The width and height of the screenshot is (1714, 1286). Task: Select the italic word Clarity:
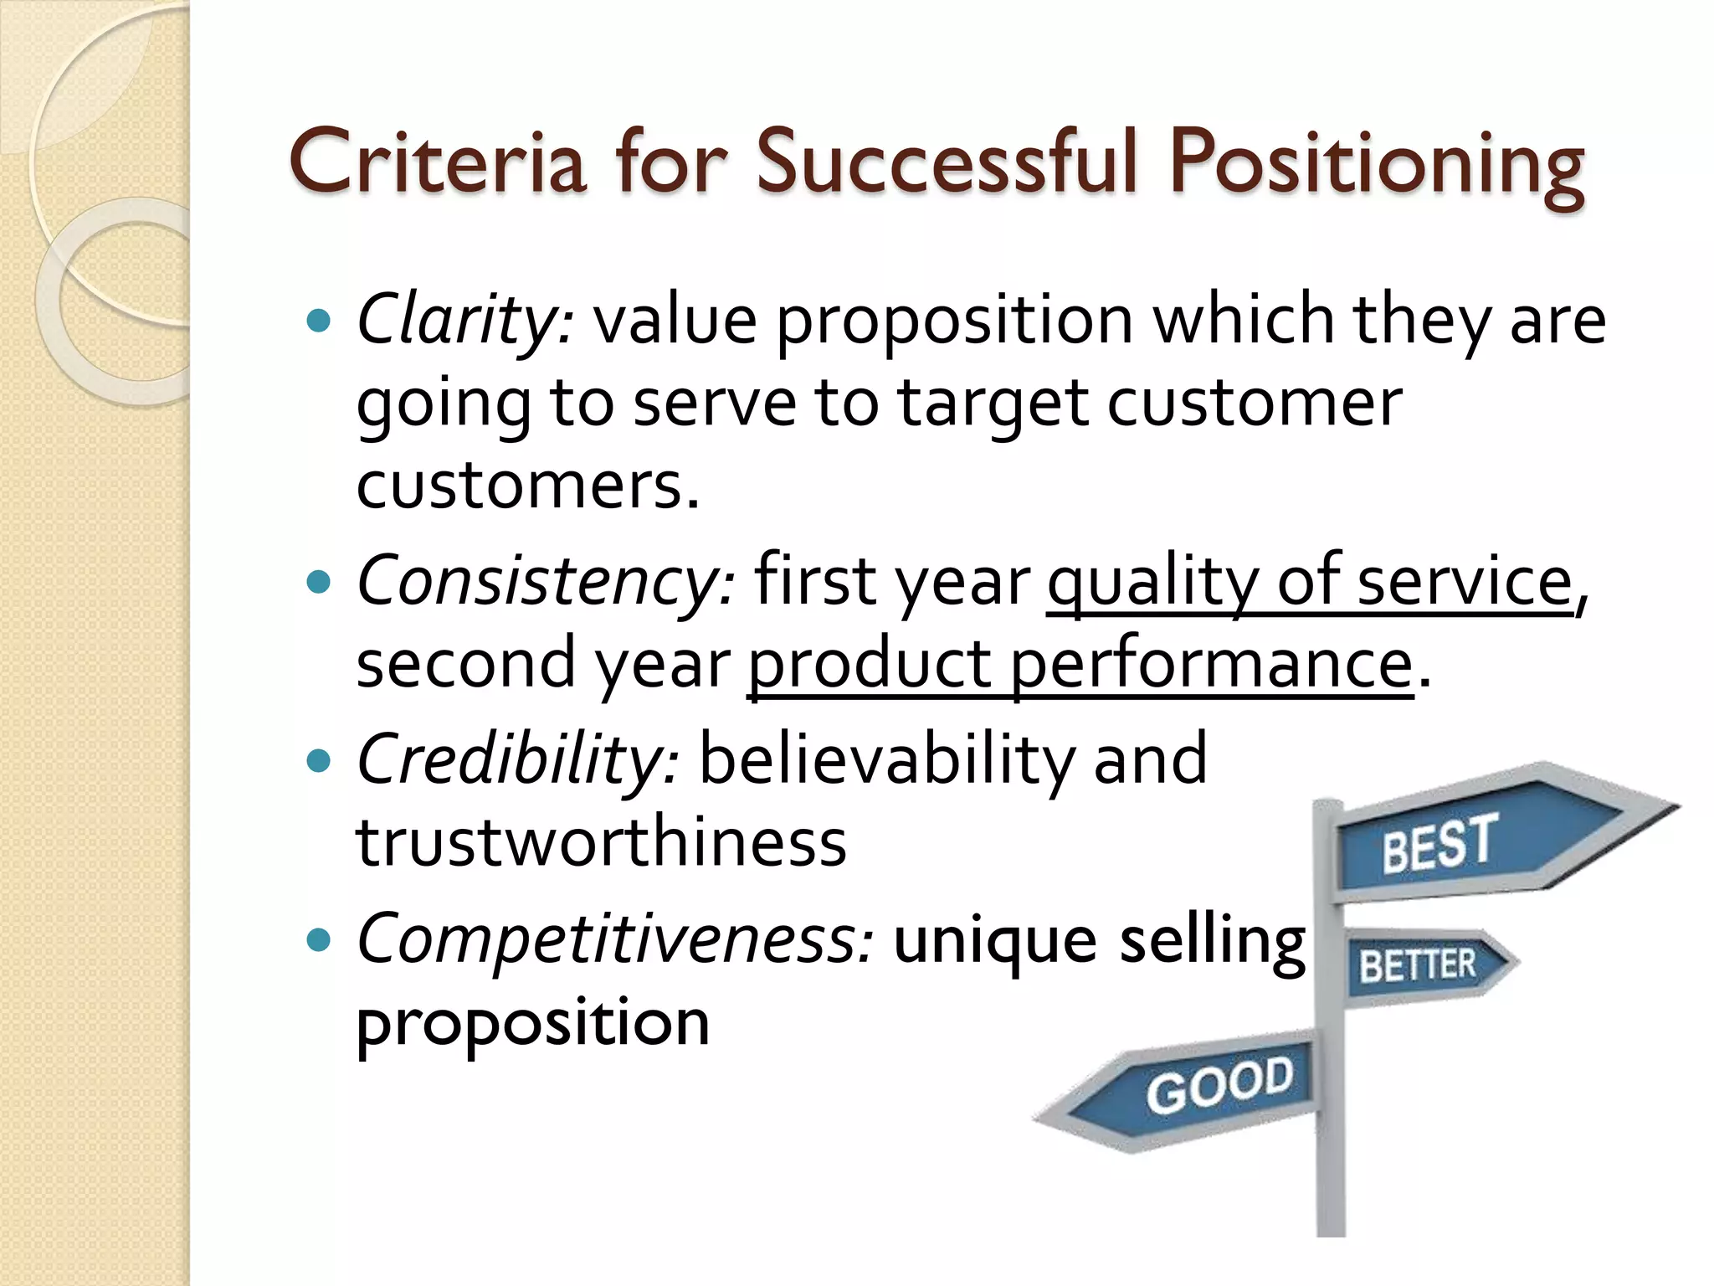pyautogui.click(x=465, y=321)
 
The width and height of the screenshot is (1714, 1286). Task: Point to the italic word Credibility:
pyautogui.click(x=517, y=759)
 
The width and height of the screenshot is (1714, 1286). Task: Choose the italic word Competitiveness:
pyautogui.click(x=615, y=939)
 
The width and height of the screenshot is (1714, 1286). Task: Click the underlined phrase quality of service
pyautogui.click(x=1310, y=583)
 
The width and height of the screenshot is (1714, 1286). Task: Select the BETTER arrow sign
pyautogui.click(x=1423, y=964)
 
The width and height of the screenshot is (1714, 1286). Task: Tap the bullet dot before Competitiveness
pyautogui.click(x=319, y=940)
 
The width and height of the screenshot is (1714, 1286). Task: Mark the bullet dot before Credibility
pyautogui.click(x=319, y=760)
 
